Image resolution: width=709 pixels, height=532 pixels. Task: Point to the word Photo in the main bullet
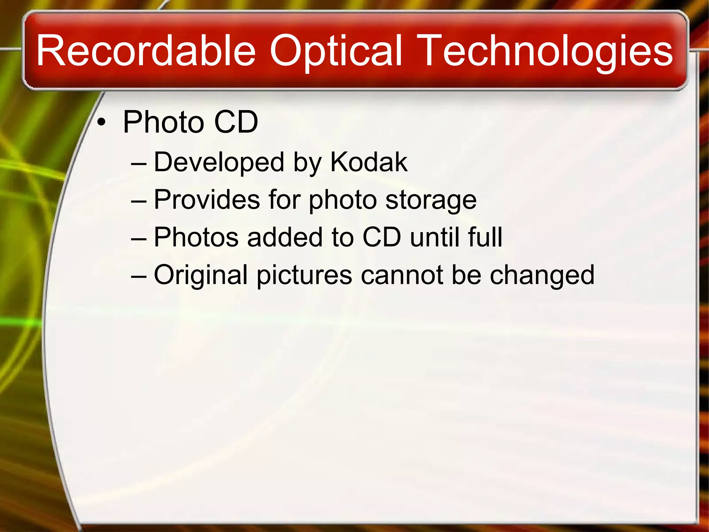click(163, 122)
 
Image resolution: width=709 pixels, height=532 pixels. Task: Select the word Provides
click(207, 200)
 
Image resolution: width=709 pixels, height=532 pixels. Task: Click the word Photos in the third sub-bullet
click(196, 237)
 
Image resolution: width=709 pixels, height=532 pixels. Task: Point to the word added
click(285, 237)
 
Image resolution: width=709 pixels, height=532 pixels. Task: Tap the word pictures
click(304, 275)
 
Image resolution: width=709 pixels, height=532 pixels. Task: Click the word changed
click(542, 275)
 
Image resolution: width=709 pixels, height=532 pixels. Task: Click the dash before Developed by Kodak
click(139, 163)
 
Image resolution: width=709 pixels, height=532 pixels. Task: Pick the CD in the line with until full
click(382, 237)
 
